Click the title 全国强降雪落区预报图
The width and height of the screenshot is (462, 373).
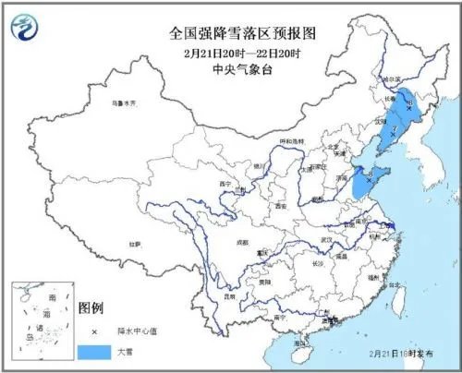pos(231,32)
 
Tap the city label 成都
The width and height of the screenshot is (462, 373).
pos(241,242)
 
